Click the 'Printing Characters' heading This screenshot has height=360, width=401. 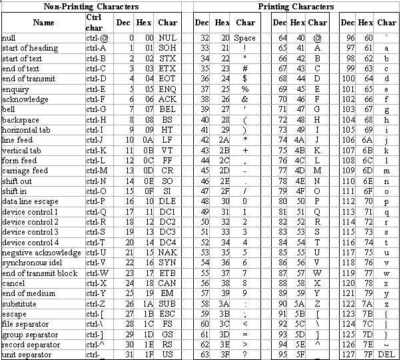tap(296, 7)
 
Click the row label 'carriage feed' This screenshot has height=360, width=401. tap(25, 171)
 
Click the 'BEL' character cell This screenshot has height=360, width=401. tap(168, 109)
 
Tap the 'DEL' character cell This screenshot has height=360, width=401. tap(387, 355)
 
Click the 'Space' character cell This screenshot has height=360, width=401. tap(244, 38)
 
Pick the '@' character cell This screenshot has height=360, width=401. tap(317, 38)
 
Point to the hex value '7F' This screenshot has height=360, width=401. tap(366, 355)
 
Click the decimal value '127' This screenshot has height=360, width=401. tap(347, 355)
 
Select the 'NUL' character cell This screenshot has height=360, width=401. tap(168, 38)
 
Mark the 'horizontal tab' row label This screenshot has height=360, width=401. tap(27, 130)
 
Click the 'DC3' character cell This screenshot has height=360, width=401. tap(168, 232)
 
